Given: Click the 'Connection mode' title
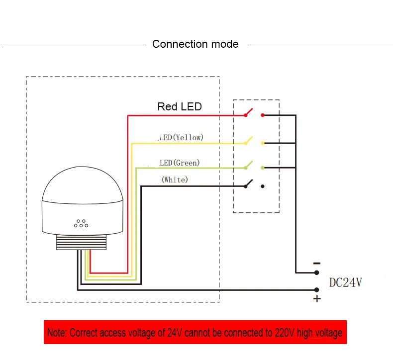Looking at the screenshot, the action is (195, 44).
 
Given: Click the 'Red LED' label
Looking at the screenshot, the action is (180, 106).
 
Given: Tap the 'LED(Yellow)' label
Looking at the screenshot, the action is (181, 137).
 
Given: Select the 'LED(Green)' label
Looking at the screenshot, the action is (180, 163).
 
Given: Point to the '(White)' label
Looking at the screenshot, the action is (175, 180).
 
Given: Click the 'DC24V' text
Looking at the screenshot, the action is (346, 282).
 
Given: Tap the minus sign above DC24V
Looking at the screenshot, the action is (317, 264).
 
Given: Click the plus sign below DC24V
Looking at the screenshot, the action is (317, 299).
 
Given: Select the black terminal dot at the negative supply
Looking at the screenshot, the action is (317, 272).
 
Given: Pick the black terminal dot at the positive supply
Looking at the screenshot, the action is (317, 290).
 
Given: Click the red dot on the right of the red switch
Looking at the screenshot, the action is (263, 115).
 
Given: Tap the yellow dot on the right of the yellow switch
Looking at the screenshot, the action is (263, 143).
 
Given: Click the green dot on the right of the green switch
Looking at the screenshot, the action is (263, 168).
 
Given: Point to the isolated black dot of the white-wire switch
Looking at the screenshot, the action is (263, 186).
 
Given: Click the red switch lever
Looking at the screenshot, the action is (249, 112).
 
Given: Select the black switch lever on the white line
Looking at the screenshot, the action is (249, 183).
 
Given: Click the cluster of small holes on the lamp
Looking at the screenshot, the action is (81, 223).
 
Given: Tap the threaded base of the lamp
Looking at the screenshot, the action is (81, 242).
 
